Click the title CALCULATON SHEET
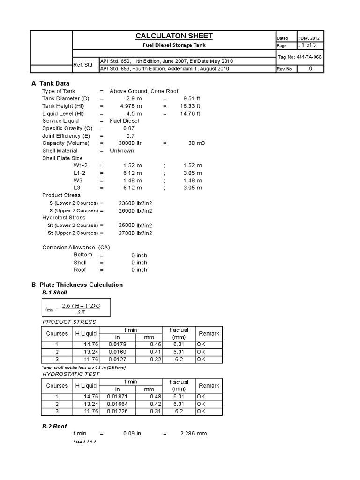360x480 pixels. click(x=174, y=36)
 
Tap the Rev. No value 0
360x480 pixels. click(x=310, y=68)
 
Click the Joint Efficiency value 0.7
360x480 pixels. click(x=131, y=136)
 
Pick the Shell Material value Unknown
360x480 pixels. click(x=122, y=151)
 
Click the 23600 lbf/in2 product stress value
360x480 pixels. click(x=135, y=203)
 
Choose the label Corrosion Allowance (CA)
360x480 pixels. click(x=76, y=247)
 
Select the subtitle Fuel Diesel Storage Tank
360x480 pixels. click(x=174, y=45)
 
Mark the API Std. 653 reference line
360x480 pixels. click(x=164, y=69)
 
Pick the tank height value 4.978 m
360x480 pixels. click(x=131, y=106)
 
